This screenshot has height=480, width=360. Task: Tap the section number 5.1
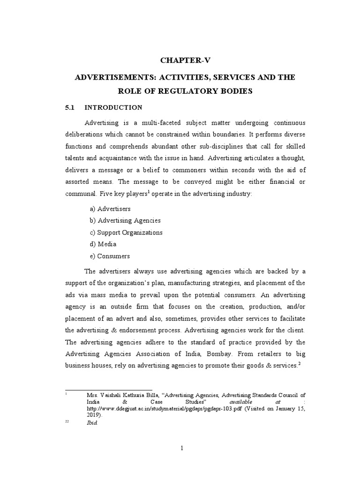click(70, 107)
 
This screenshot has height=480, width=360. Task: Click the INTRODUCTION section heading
click(113, 107)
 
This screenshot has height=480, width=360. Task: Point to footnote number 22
click(67, 422)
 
